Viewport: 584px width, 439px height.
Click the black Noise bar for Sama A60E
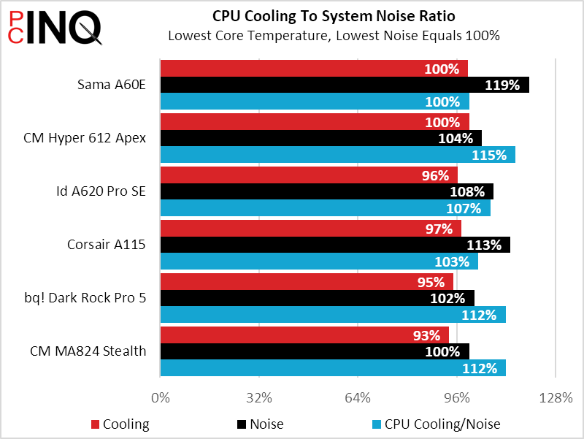click(x=343, y=85)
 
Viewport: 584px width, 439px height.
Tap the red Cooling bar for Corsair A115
click(x=310, y=229)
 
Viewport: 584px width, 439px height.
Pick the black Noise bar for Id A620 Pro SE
click(x=326, y=191)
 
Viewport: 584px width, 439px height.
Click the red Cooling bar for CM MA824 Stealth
click(x=304, y=335)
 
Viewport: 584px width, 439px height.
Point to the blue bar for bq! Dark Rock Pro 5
click(x=332, y=315)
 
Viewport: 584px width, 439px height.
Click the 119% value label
click(x=503, y=85)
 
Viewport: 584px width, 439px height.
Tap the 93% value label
click(x=427, y=335)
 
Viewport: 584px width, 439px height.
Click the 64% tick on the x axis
click(x=358, y=398)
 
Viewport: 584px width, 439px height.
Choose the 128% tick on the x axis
click(x=556, y=398)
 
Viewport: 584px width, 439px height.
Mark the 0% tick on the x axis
click(x=160, y=398)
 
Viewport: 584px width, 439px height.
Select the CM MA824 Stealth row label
click(x=88, y=351)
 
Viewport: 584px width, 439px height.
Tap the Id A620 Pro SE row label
click(x=101, y=191)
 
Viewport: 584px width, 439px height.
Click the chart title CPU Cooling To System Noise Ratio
click(x=333, y=15)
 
